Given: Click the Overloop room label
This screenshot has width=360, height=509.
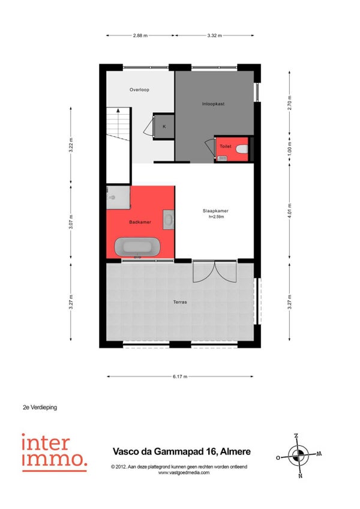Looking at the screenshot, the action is click(x=139, y=89).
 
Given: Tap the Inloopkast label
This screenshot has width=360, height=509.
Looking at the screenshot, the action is click(x=213, y=104).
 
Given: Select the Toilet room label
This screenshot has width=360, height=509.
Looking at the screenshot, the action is click(x=226, y=146).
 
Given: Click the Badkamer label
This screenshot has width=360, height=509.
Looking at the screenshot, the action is click(x=140, y=222).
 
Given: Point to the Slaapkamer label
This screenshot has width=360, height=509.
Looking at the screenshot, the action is click(x=215, y=211).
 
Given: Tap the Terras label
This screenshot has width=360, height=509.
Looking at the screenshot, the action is click(x=180, y=302).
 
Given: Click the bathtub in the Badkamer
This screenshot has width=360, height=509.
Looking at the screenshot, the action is click(x=137, y=247).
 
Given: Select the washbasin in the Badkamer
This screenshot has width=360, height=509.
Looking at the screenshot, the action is click(x=169, y=220).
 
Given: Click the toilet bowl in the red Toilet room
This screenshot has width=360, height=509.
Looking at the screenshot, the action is click(x=242, y=149).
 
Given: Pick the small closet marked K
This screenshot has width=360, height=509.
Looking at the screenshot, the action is click(x=164, y=126).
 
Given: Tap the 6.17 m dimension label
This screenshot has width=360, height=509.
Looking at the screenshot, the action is click(x=180, y=376).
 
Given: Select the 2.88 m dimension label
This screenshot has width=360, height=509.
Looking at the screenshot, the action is click(x=140, y=35).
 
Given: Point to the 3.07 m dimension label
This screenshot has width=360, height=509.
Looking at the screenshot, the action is click(x=71, y=222).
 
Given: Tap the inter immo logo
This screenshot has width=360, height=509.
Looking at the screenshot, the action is click(x=54, y=453).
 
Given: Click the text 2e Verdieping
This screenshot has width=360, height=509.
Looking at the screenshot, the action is click(x=40, y=407).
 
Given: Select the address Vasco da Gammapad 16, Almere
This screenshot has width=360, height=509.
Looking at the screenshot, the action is click(x=181, y=451).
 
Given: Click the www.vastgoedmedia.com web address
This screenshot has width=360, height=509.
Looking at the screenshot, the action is click(x=184, y=472).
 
